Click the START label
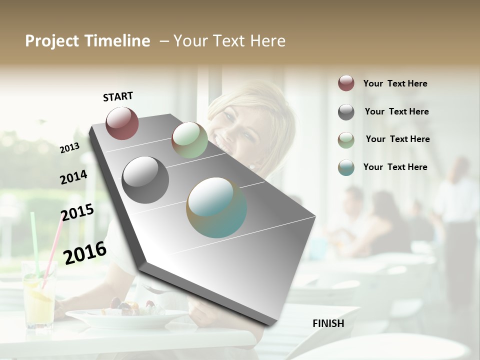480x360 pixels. click(118, 96)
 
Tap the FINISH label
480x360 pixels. click(328, 323)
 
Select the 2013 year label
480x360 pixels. click(70, 147)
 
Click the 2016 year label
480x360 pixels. click(85, 252)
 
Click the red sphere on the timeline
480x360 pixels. click(122, 123)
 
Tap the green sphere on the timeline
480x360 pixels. click(189, 140)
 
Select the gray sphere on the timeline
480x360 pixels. click(145, 180)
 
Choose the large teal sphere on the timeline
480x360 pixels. click(216, 207)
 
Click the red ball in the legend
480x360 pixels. click(346, 83)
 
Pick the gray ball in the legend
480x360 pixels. click(346, 112)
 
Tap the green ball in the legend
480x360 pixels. click(346, 140)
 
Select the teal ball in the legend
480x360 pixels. click(346, 167)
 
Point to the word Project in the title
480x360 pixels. click(52, 41)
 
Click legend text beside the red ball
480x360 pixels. click(395, 83)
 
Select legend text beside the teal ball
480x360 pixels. click(395, 167)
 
